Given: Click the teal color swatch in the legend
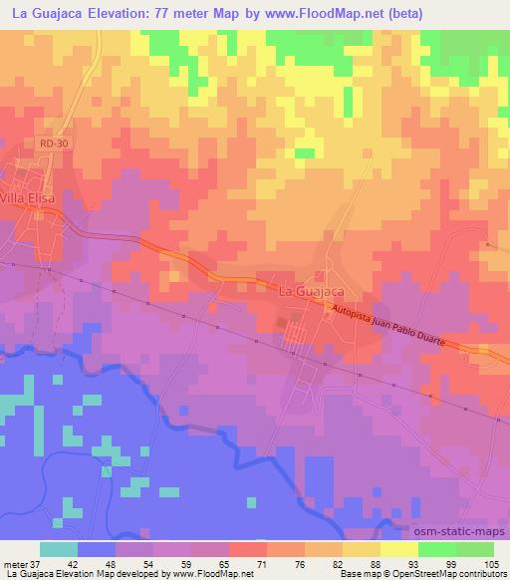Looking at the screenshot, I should pos(58,548).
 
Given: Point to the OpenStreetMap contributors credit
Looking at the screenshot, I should pos(457,574).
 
